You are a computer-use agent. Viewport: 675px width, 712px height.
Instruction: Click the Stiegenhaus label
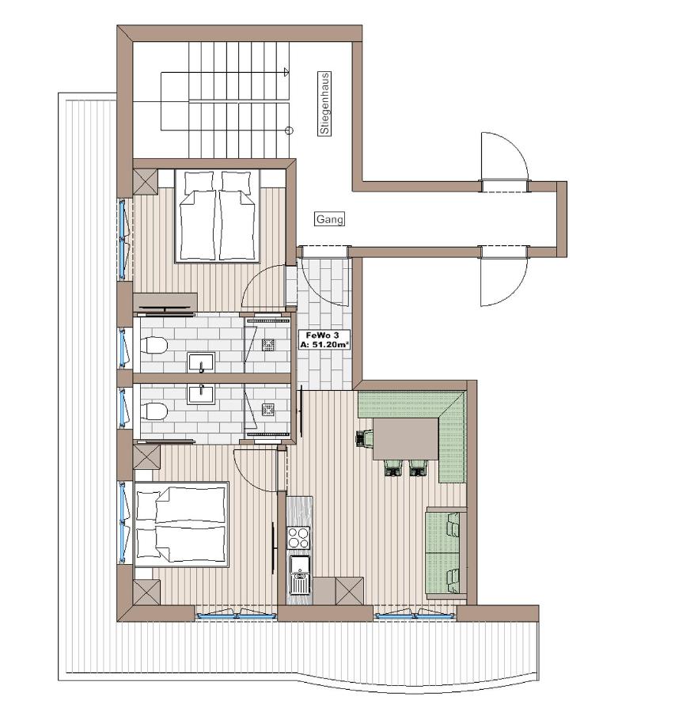point(324,104)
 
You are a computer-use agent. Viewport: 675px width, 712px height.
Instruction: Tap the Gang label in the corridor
point(330,219)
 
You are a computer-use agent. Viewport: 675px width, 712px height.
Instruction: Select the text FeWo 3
point(315,335)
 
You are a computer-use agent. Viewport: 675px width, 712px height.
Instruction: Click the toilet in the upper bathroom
point(154,347)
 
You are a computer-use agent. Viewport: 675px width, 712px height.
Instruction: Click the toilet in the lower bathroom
point(154,411)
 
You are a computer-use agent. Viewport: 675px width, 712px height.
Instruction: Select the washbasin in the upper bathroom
point(201,362)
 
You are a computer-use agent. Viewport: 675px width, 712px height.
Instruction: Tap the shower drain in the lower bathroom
point(268,409)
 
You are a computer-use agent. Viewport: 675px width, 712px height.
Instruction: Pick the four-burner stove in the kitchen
point(299,538)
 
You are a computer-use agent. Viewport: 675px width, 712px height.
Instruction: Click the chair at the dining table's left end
point(365,437)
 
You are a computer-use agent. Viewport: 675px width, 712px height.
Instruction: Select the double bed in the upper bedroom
point(218,215)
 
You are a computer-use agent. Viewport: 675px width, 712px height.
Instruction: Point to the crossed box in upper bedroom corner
point(146,182)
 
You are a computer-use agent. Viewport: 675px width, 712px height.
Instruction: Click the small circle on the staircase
point(289,131)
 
